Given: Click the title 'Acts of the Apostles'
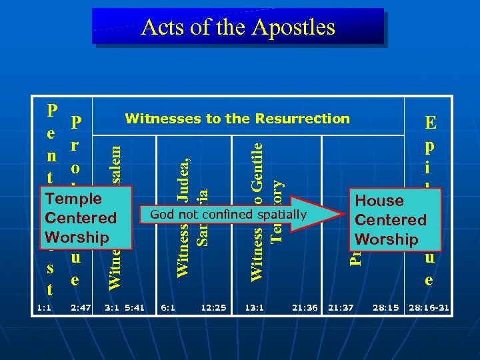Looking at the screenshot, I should [x=238, y=27].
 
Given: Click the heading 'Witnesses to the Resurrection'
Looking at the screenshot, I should [x=237, y=119].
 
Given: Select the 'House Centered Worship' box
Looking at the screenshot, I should [x=391, y=219].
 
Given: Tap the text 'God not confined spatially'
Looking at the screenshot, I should [x=228, y=214].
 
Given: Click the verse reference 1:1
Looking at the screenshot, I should [x=45, y=308].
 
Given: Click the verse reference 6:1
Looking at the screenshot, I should [x=168, y=308].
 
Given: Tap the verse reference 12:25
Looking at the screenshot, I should [x=213, y=308].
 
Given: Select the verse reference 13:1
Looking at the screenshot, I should [x=254, y=308].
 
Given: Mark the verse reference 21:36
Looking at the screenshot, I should [x=304, y=308].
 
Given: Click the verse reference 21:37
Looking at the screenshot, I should [x=341, y=308].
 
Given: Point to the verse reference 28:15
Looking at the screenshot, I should [x=386, y=308].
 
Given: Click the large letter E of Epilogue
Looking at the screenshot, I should [x=430, y=123].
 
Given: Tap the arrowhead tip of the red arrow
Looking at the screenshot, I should [x=341, y=215].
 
